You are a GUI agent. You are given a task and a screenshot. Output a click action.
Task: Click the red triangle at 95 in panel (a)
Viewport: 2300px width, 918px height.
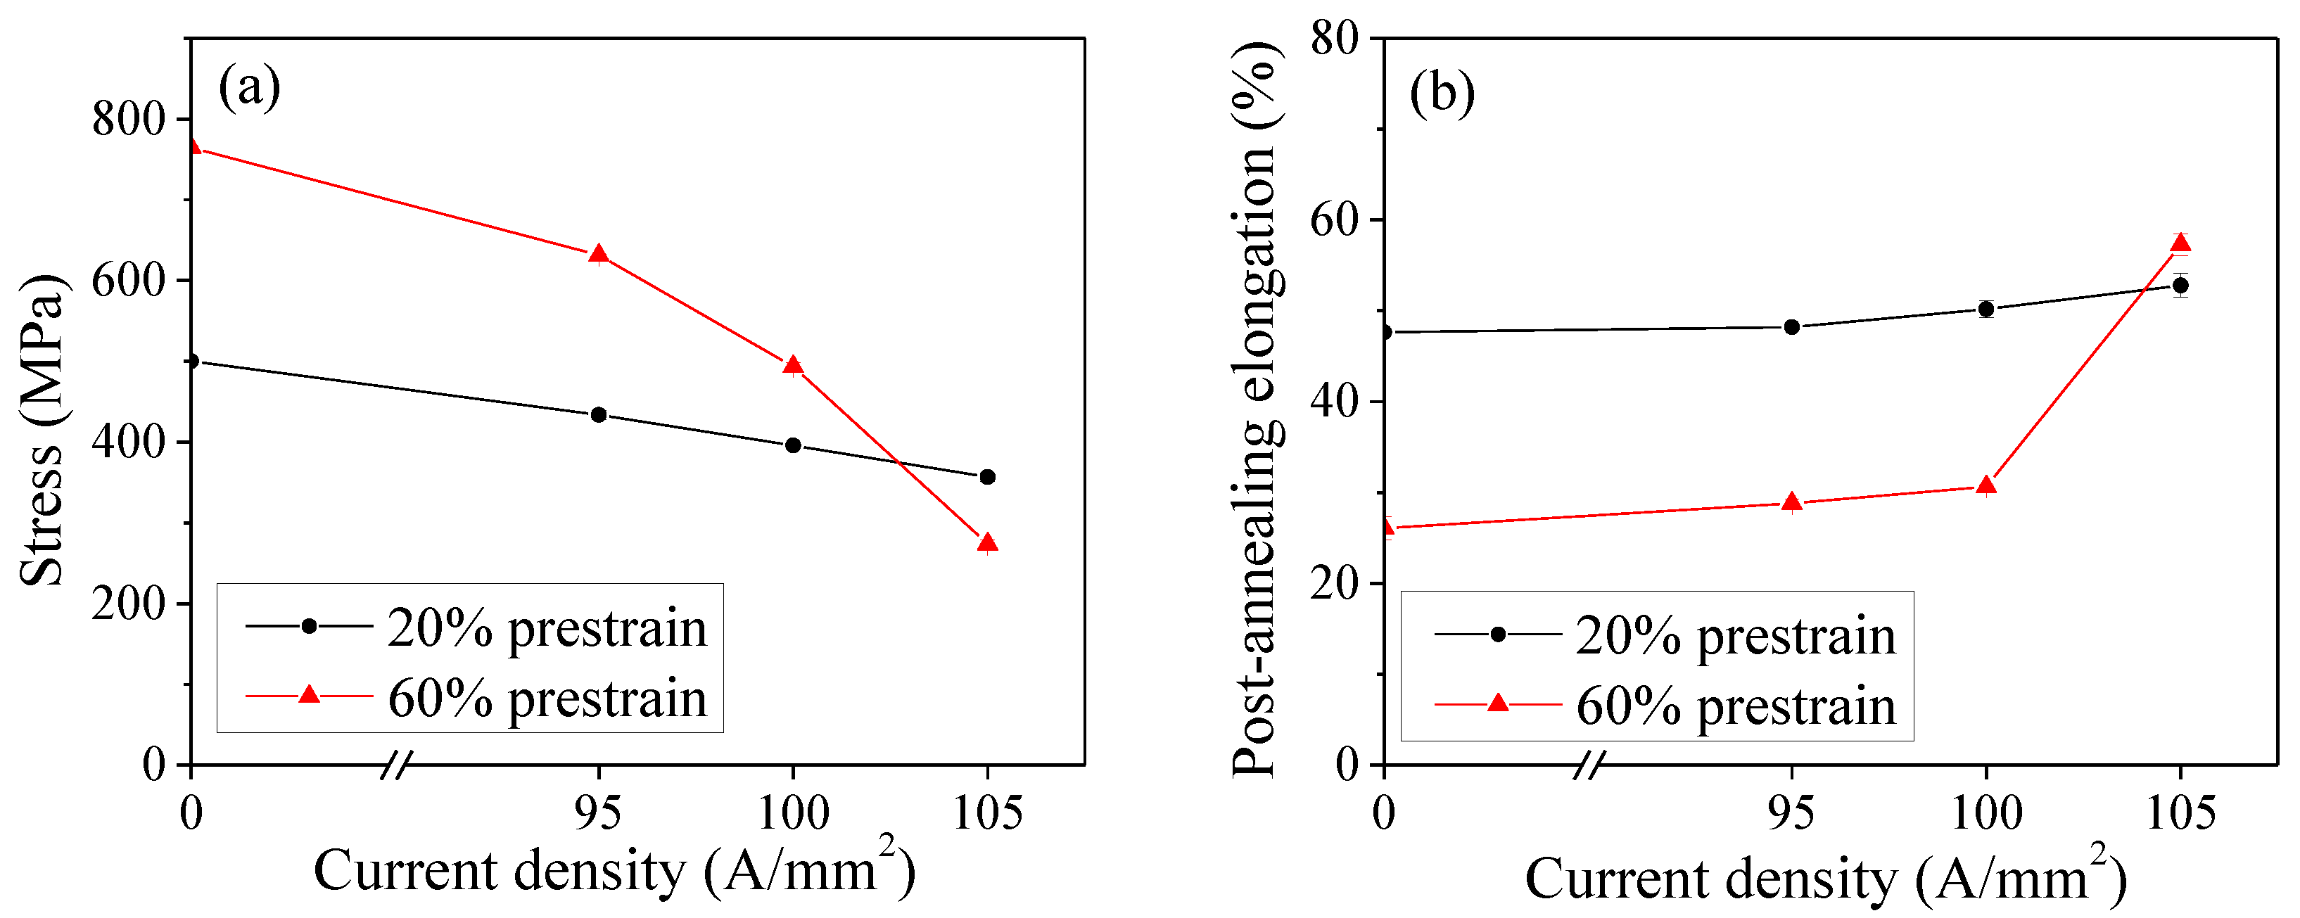click(x=598, y=255)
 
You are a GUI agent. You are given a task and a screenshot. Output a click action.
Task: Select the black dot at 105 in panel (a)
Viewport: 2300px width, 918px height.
click(x=986, y=477)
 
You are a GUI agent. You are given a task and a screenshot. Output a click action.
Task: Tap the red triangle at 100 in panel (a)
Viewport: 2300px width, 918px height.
click(x=793, y=365)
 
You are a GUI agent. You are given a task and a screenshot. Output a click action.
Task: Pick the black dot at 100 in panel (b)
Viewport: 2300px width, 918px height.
click(x=1986, y=309)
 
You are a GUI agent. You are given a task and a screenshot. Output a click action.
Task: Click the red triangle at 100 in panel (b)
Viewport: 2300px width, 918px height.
click(x=1986, y=486)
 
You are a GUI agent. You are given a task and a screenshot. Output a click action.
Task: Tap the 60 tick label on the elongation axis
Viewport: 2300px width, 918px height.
click(x=1333, y=219)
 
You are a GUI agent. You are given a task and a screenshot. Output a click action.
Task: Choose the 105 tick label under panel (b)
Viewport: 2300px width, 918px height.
click(x=2180, y=812)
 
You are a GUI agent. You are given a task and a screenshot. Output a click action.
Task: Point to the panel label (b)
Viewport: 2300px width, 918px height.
click(x=1441, y=93)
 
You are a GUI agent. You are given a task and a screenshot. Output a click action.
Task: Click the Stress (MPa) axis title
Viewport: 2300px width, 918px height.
click(x=43, y=428)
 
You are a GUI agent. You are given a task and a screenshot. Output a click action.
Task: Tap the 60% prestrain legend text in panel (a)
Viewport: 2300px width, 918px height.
click(x=547, y=699)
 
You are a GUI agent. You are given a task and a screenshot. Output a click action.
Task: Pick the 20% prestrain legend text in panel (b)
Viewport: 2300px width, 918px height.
click(x=1735, y=636)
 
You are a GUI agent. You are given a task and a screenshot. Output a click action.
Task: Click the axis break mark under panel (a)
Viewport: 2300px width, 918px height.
click(x=395, y=765)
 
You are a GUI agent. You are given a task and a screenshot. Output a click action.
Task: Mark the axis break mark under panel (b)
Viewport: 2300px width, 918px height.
click(x=1589, y=765)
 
